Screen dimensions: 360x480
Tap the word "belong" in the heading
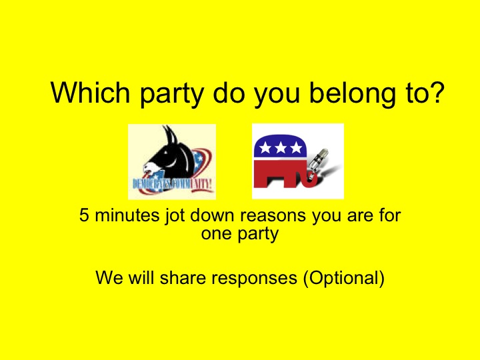(343, 93)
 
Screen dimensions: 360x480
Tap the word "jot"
(164, 216)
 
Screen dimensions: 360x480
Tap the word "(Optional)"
(343, 277)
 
